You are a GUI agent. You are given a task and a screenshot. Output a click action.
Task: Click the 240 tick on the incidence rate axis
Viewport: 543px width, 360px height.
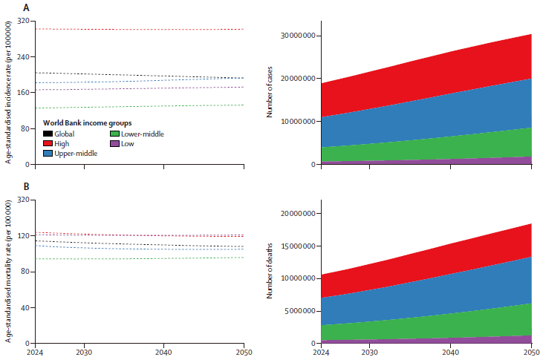22,57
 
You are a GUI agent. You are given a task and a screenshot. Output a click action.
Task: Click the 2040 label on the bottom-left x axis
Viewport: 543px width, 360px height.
164,352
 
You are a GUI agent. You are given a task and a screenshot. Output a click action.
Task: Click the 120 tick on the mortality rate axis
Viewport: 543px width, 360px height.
22,236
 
